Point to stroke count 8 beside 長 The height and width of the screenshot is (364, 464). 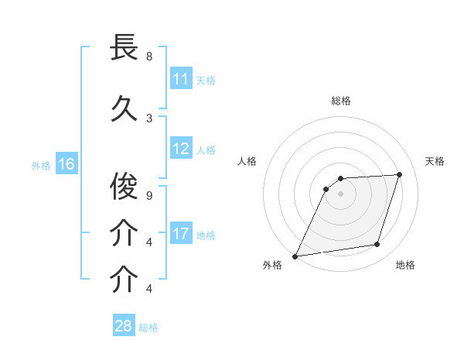click(x=149, y=57)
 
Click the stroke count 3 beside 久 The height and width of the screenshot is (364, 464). click(x=149, y=118)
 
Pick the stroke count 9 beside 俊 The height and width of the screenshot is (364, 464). click(x=149, y=195)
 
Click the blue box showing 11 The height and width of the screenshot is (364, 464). click(x=181, y=79)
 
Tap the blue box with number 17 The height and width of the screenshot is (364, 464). click(x=181, y=234)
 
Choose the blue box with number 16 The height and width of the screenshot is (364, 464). click(x=67, y=164)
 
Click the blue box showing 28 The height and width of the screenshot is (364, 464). click(x=123, y=326)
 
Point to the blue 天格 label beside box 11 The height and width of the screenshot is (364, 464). click(x=206, y=80)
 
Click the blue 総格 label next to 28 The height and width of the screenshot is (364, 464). click(x=148, y=327)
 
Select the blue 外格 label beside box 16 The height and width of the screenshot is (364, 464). click(x=41, y=165)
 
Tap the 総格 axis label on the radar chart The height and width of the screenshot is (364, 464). click(x=341, y=101)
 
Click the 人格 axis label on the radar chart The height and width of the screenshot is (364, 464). click(x=247, y=161)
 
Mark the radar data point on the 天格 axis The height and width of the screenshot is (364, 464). click(x=400, y=174)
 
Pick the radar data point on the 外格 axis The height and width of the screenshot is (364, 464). click(x=295, y=256)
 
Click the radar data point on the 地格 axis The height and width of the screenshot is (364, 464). click(x=377, y=245)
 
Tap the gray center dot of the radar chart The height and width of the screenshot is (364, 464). click(x=340, y=194)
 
